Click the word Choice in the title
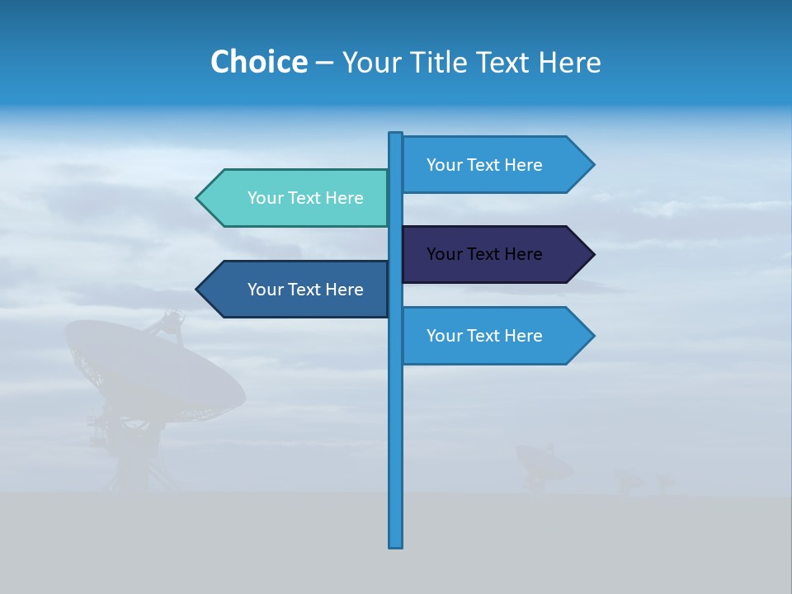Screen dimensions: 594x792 [258, 62]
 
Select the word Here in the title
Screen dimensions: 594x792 [570, 62]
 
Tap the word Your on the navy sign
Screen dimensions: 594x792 [443, 254]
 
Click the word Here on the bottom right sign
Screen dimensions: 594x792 [523, 336]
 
